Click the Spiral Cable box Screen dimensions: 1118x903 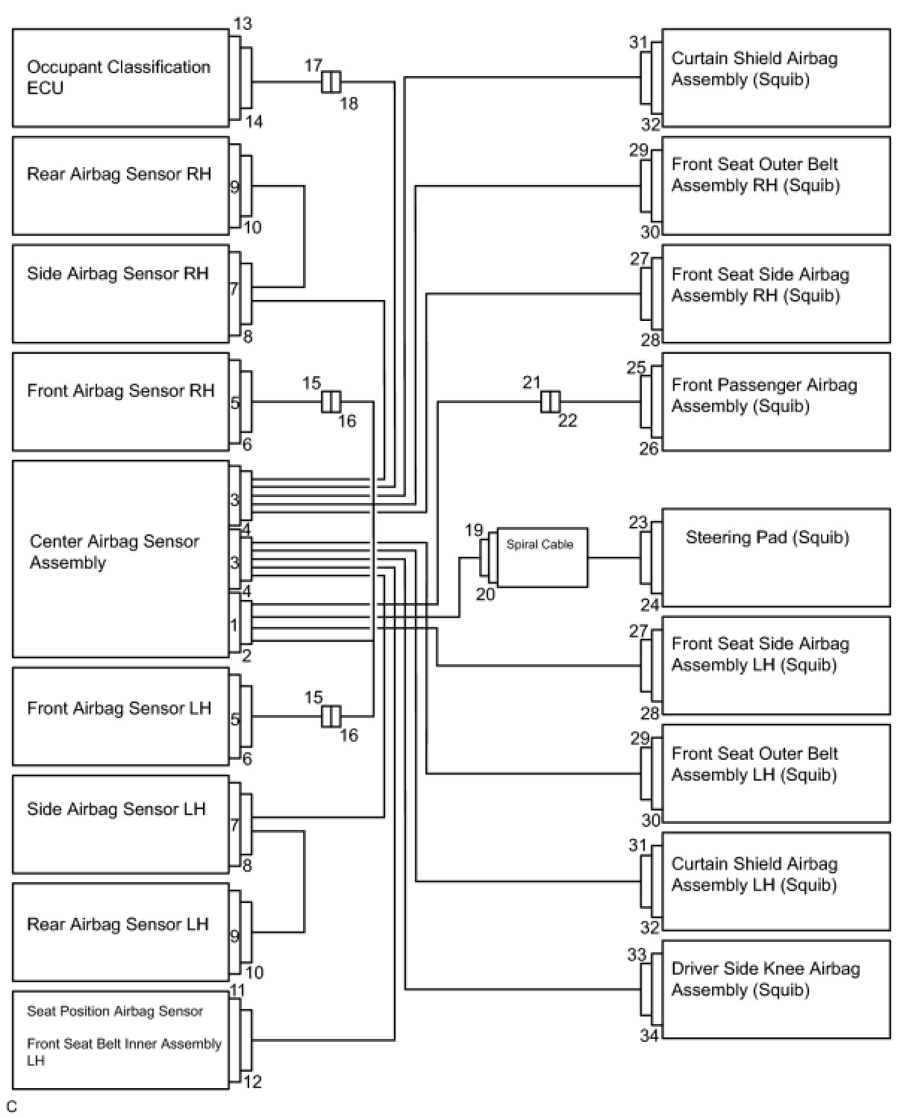[541, 558]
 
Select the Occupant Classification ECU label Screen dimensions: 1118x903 [119, 77]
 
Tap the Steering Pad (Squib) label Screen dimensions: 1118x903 [767, 537]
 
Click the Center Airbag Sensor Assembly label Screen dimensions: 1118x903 [114, 552]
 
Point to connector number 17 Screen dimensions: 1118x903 [313, 66]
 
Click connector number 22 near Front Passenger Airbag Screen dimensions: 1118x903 [567, 420]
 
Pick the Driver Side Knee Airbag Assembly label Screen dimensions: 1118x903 [766, 979]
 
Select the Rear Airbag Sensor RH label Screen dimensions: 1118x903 [119, 174]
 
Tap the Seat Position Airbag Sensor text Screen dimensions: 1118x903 [115, 1011]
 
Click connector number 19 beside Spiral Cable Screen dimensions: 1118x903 [474, 530]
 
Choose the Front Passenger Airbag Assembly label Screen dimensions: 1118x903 [764, 396]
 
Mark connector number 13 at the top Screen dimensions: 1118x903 [243, 24]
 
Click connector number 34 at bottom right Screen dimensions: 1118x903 [649, 1035]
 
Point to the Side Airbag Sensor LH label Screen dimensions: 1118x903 [116, 809]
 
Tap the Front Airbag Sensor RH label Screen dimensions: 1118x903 [120, 390]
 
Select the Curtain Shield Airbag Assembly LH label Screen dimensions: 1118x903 [754, 874]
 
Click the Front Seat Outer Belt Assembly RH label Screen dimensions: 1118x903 [755, 175]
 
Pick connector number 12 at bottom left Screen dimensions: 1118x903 [253, 1081]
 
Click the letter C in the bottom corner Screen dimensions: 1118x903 [11, 1107]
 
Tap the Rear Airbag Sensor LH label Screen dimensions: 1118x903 [117, 924]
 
